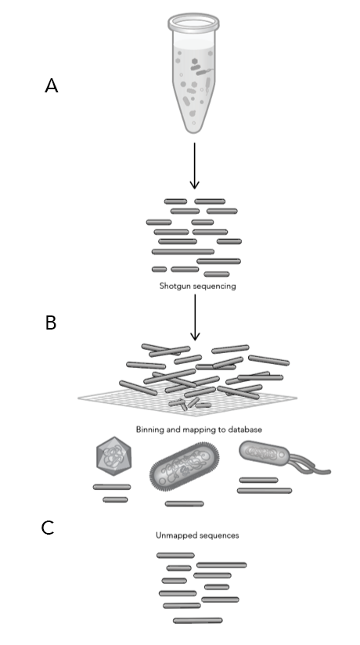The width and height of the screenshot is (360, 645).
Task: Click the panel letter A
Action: click(x=52, y=86)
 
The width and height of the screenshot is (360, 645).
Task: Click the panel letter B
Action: click(x=51, y=322)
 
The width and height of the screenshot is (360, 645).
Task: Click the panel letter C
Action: click(x=48, y=528)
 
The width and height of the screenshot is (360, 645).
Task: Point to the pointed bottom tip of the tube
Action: click(x=193, y=132)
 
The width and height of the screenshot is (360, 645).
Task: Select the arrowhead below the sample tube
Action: click(x=194, y=184)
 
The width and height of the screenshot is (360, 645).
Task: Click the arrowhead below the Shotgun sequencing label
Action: click(x=195, y=335)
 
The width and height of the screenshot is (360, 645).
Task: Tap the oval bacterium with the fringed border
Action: click(x=185, y=467)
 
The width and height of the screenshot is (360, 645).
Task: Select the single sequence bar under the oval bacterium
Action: click(x=185, y=504)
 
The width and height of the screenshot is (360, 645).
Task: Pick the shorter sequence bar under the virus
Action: click(x=115, y=499)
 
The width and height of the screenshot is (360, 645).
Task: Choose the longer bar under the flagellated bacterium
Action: click(x=265, y=491)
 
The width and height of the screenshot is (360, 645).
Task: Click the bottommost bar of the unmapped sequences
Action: click(x=198, y=620)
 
